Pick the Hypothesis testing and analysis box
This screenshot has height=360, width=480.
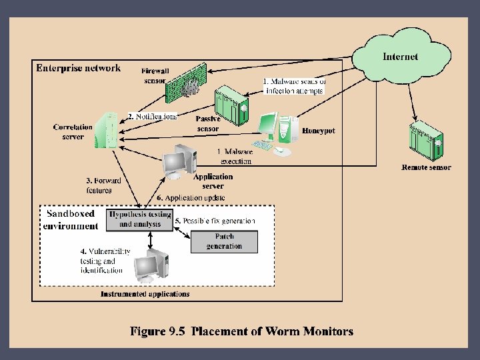pyautogui.click(x=140, y=219)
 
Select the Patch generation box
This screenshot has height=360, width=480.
pyautogui.click(x=224, y=241)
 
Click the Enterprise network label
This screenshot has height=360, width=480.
pyautogui.click(x=79, y=67)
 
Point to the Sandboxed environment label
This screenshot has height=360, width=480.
pyautogui.click(x=71, y=220)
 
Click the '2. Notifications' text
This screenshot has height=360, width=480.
pyautogui.click(x=153, y=116)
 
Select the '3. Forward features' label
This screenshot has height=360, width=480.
pyautogui.click(x=103, y=185)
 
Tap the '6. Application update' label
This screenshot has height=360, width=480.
pyautogui.click(x=191, y=198)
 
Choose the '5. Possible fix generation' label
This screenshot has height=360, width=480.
pyautogui.click(x=215, y=221)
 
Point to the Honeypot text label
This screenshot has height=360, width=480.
pyautogui.click(x=319, y=131)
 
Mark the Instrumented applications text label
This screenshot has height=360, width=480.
pyautogui.click(x=145, y=294)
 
